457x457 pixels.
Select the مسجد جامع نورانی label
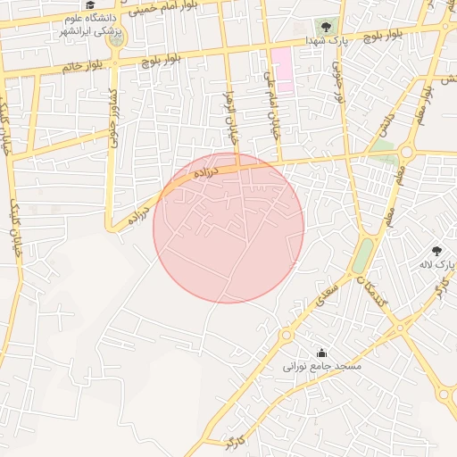321,367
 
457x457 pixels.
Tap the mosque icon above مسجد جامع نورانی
321,353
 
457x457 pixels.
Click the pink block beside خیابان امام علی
282,70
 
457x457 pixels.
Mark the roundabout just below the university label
116,37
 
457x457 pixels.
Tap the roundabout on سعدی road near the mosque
287,337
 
